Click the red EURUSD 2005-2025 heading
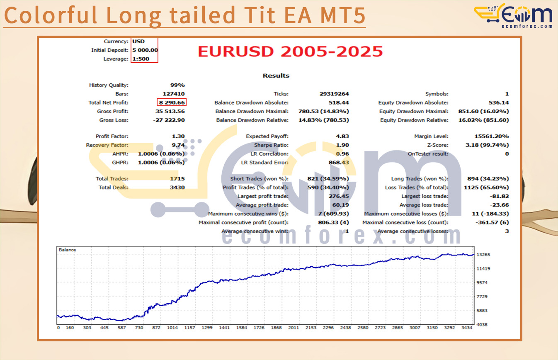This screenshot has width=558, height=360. tap(290, 52)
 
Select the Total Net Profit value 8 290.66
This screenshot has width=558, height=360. tap(172, 102)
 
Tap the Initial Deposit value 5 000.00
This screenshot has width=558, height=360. tap(145, 50)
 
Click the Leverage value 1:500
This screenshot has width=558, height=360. tap(141, 59)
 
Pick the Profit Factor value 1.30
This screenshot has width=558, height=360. tap(179, 136)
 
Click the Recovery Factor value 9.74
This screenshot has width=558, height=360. tap(179, 145)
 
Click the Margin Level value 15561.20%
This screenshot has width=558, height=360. tap(492, 136)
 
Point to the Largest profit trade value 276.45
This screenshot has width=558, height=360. tap(339, 197)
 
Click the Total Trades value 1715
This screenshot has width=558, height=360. tap(177, 179)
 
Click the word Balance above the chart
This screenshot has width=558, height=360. tap(67, 250)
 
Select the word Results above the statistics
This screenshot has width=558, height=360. tap(276, 76)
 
